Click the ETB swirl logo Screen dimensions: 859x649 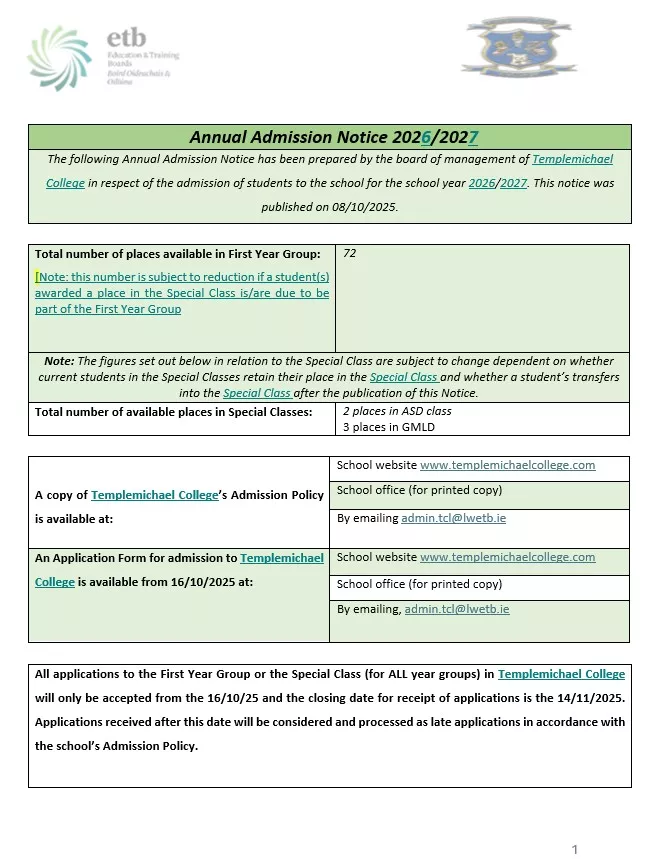[x=59, y=58]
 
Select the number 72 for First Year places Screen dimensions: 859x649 [x=349, y=254]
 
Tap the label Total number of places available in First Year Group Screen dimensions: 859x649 [x=178, y=254]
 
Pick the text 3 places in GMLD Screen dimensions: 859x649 [x=388, y=427]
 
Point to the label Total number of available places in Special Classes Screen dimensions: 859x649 [x=173, y=411]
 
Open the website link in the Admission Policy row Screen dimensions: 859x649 [x=507, y=465]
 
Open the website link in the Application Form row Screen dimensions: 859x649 [x=507, y=557]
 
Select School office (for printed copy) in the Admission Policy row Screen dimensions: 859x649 [x=419, y=490]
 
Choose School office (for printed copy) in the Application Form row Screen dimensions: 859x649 [x=419, y=584]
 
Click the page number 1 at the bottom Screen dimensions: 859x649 [x=575, y=849]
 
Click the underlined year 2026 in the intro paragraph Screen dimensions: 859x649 [x=482, y=183]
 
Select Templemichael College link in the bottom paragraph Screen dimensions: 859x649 [x=561, y=674]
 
